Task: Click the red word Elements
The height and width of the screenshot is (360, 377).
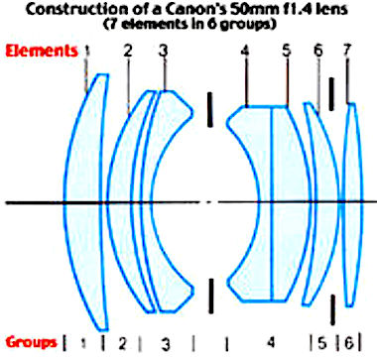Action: tap(42, 52)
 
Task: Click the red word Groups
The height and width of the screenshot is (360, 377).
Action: tap(31, 342)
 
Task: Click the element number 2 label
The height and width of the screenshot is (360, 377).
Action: tap(128, 51)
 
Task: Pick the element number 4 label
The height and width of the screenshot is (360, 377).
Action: tap(245, 51)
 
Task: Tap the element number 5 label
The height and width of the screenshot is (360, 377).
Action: tap(287, 51)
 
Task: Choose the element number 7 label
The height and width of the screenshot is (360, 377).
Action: tap(347, 51)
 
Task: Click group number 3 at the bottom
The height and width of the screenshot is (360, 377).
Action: tap(166, 344)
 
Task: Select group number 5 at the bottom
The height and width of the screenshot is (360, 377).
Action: tap(321, 343)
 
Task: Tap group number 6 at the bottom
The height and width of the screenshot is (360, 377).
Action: tap(348, 343)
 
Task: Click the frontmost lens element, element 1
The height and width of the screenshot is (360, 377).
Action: tap(84, 201)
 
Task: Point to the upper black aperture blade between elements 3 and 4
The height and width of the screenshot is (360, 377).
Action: tap(209, 109)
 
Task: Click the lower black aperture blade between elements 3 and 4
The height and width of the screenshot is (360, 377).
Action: tap(211, 296)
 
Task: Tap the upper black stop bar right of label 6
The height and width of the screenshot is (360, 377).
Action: tap(331, 94)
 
